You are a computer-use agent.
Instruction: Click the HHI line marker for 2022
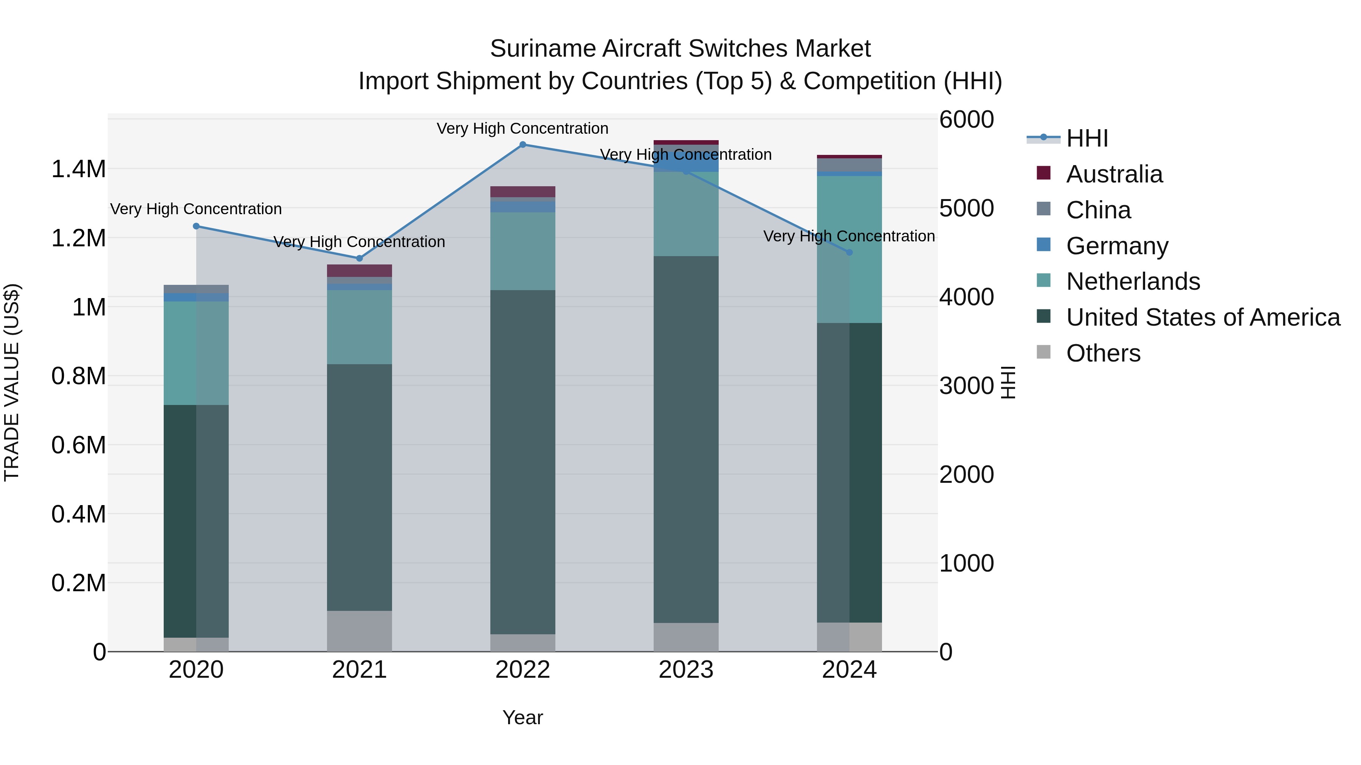pos(522,144)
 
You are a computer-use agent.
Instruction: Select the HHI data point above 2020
pos(196,226)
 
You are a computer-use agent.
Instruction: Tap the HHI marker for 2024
pos(849,252)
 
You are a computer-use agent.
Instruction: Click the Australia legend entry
pos(1114,174)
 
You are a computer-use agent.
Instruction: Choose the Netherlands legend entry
pos(1133,281)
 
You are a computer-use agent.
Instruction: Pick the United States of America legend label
pos(1203,317)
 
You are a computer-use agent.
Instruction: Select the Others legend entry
pos(1103,353)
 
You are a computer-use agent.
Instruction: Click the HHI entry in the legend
pos(1087,138)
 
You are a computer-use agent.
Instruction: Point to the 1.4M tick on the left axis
pos(78,170)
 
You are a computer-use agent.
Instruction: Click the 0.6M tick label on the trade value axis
pos(78,445)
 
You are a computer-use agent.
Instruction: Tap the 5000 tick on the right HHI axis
pos(966,208)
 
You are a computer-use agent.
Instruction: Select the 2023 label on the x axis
pos(686,670)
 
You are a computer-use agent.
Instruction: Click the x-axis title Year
pos(522,717)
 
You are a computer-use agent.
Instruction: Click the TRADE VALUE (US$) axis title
pos(12,382)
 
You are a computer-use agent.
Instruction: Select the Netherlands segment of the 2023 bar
pos(686,214)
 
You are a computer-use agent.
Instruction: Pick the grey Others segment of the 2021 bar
pos(359,631)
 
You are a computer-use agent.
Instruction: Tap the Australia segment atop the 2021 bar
pos(359,270)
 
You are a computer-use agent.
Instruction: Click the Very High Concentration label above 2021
pos(359,242)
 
